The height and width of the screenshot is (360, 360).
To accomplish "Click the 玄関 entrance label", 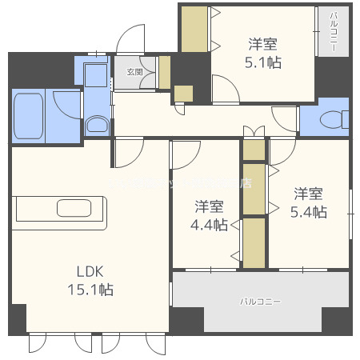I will (x=134, y=71).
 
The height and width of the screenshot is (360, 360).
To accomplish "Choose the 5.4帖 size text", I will (x=308, y=212).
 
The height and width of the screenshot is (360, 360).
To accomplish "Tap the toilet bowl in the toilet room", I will (x=330, y=119).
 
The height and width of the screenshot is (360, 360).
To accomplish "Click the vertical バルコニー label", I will (x=332, y=31).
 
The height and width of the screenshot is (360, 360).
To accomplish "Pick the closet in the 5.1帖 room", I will (x=194, y=28).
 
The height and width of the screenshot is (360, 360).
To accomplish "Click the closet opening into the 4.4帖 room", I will (x=254, y=242).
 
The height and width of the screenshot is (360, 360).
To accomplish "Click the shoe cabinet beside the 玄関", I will (x=164, y=73).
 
